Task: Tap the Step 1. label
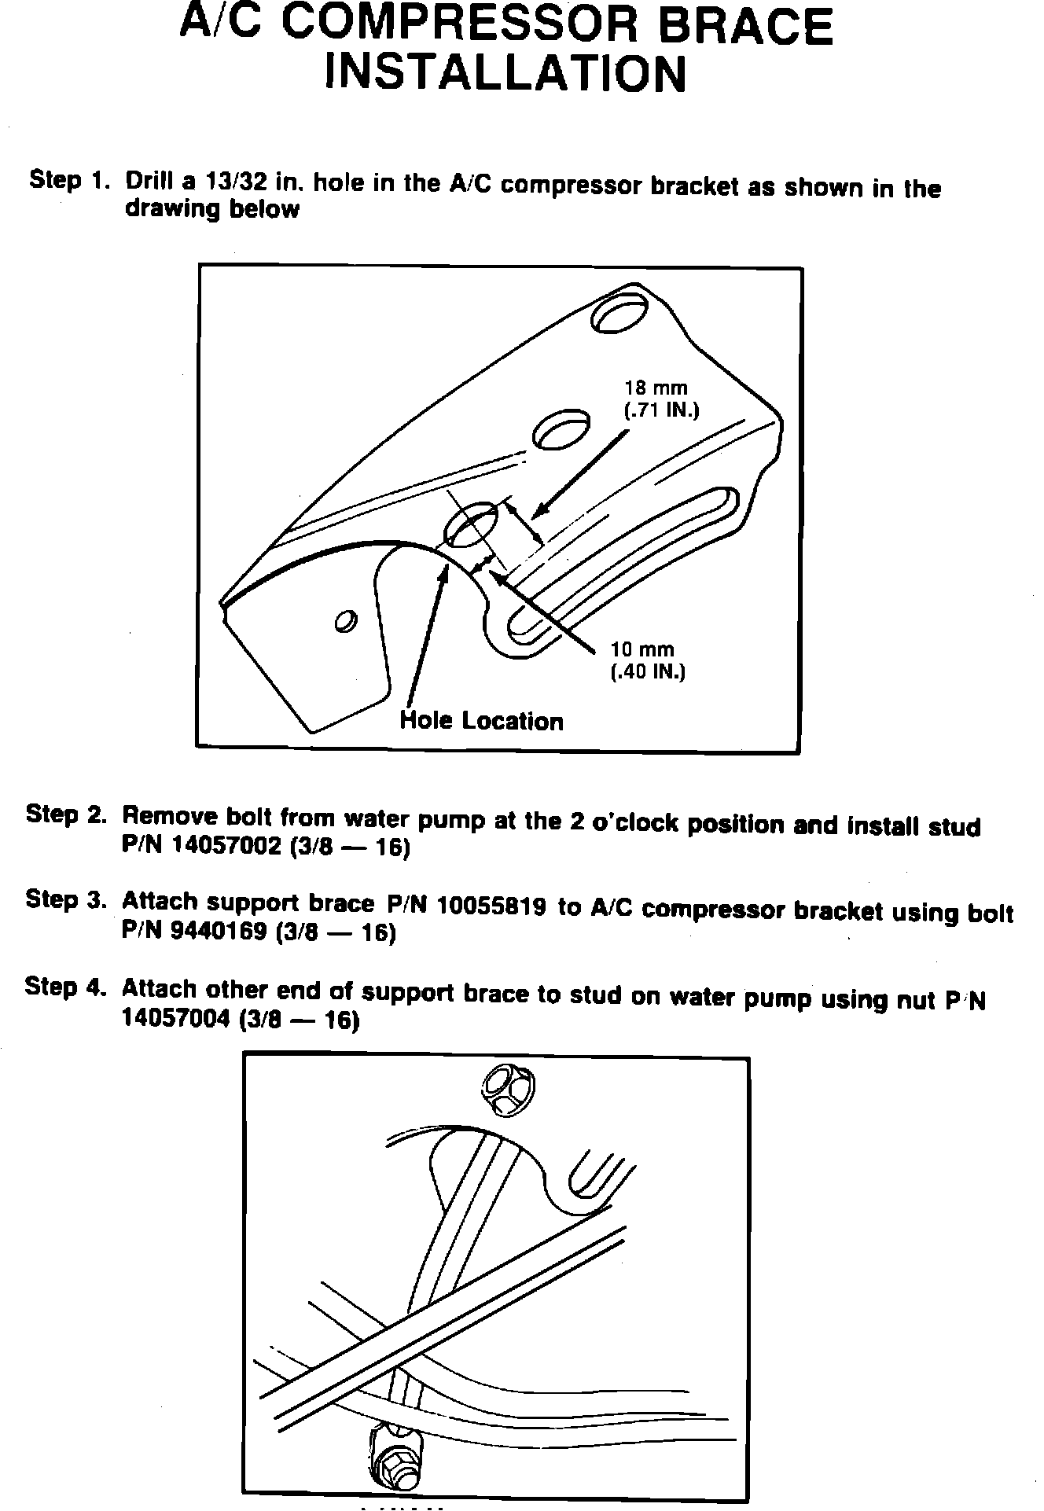click(x=68, y=181)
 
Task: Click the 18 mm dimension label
click(x=656, y=388)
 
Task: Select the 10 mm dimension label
click(x=642, y=649)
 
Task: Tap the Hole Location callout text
click(x=481, y=721)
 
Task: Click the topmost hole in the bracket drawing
click(x=619, y=314)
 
